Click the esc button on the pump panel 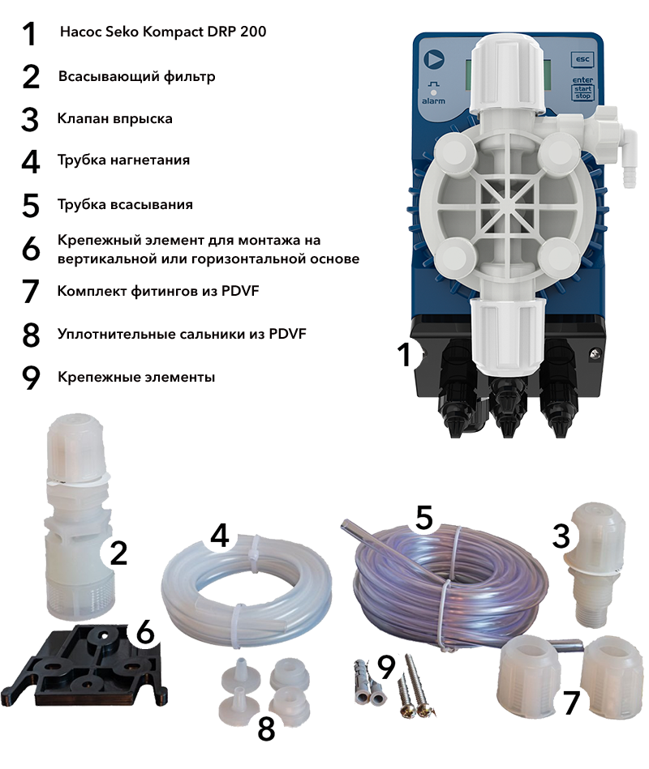click(x=582, y=59)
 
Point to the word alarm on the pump click(x=433, y=101)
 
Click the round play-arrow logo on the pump click(x=434, y=59)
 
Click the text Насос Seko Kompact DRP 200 click(x=163, y=32)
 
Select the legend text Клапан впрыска click(x=115, y=118)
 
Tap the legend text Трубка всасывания click(x=125, y=204)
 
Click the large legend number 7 click(x=31, y=292)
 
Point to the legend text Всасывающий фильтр click(x=137, y=76)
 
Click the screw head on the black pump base click(x=595, y=353)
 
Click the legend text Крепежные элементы click(x=136, y=377)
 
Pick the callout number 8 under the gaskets click(x=266, y=728)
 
